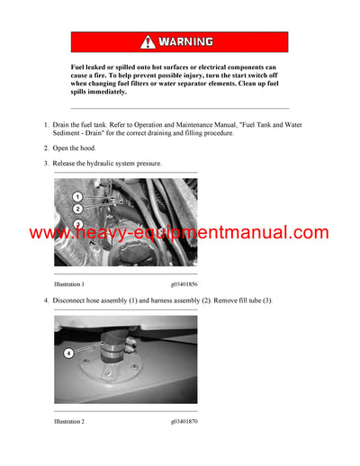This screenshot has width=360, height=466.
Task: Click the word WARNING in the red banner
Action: click(x=186, y=41)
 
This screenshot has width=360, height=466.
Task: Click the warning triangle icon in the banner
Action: click(x=148, y=41)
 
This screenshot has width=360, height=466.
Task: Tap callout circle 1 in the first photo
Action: click(x=76, y=196)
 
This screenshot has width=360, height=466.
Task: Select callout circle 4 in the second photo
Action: click(x=68, y=353)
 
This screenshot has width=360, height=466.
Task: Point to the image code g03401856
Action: click(x=184, y=284)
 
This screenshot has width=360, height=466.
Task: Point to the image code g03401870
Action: click(x=184, y=420)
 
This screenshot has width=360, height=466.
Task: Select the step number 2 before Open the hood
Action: click(x=46, y=148)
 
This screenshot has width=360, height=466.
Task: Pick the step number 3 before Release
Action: click(x=46, y=164)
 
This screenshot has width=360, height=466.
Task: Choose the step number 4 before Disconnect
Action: click(x=46, y=300)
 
